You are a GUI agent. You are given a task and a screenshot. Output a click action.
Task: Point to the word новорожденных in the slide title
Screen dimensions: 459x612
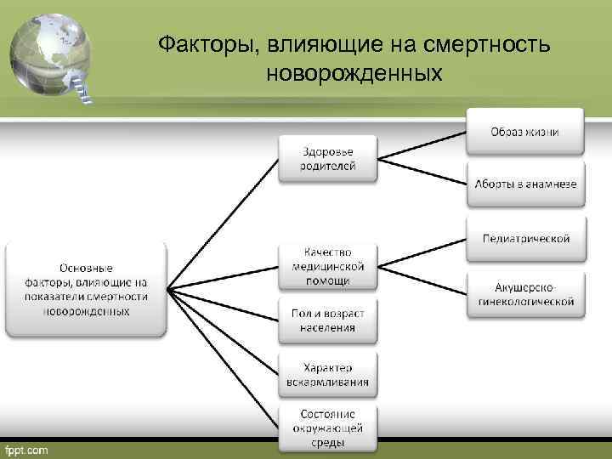tap(354, 74)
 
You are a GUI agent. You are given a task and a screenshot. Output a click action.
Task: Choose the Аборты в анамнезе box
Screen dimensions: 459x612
tap(524, 184)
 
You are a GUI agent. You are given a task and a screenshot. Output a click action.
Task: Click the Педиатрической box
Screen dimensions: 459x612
tap(524, 239)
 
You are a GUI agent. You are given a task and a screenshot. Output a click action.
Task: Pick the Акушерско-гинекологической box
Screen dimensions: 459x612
tap(524, 294)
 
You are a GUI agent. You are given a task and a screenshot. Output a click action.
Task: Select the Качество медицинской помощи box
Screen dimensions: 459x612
tap(327, 266)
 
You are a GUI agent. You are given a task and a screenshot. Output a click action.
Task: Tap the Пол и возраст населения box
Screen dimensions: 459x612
tap(327, 320)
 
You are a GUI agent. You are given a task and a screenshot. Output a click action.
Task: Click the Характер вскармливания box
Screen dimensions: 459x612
tap(327, 375)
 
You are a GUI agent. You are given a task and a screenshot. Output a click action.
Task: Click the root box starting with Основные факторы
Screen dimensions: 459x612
tap(86, 290)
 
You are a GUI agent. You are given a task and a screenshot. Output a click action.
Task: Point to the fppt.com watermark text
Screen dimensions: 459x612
tap(27, 449)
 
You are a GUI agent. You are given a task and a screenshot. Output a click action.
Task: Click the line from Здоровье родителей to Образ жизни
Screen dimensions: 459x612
tap(422, 145)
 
